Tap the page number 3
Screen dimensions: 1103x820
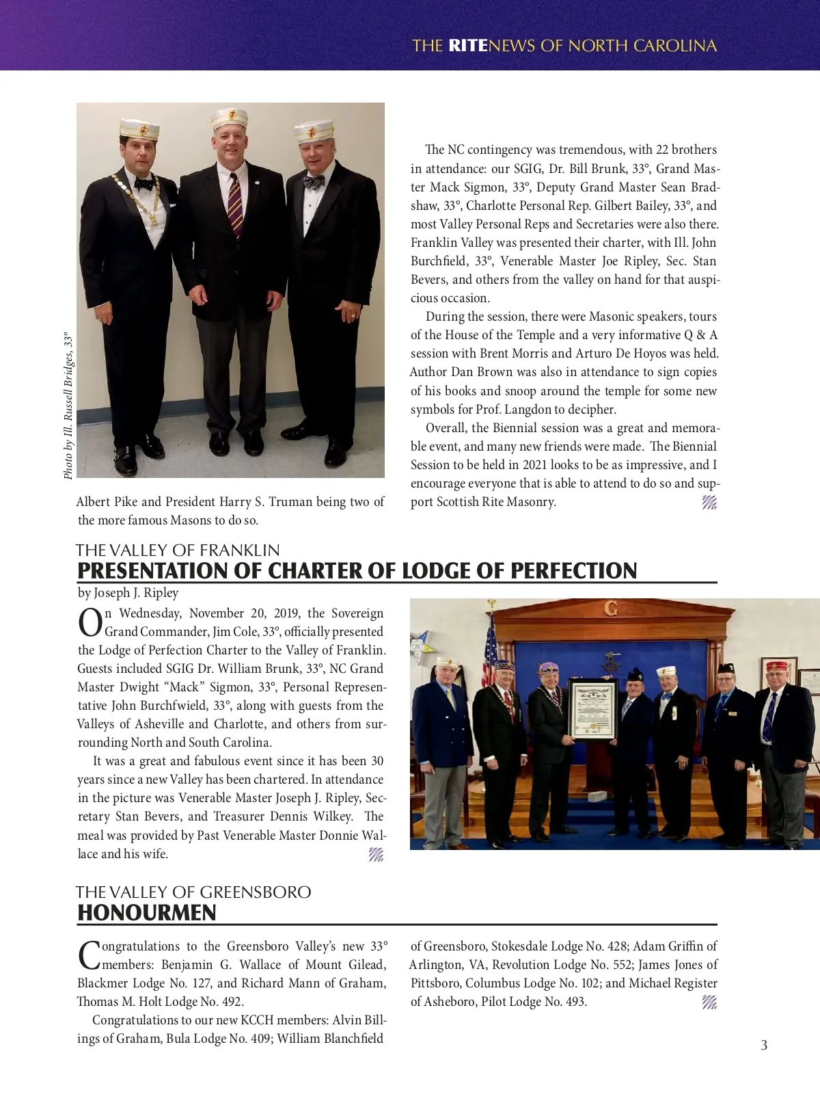tap(764, 1045)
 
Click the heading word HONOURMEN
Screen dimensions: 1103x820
tap(147, 913)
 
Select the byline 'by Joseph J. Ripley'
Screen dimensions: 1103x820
tap(128, 593)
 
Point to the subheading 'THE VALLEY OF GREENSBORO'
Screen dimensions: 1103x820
tap(193, 892)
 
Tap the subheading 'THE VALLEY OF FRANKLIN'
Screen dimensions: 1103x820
tap(178, 550)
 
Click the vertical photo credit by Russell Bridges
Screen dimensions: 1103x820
tap(68, 406)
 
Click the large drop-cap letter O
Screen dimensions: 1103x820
tap(90, 623)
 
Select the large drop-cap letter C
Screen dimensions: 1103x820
tap(89, 955)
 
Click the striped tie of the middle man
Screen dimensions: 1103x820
tap(235, 204)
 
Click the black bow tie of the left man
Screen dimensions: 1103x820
tap(143, 183)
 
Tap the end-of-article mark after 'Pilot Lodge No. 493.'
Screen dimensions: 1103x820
tap(709, 1002)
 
